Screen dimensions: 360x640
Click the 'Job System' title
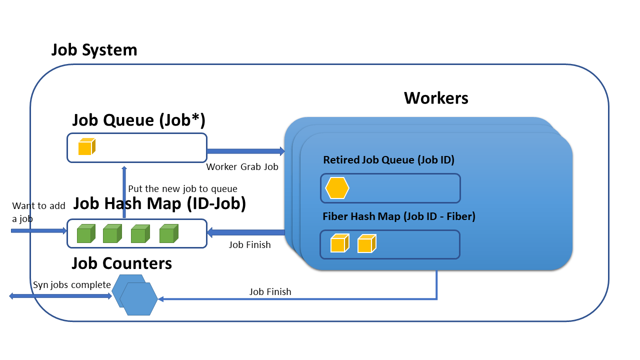[94, 50]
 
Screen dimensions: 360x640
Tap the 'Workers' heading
[436, 98]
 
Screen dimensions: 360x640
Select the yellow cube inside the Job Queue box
[86, 147]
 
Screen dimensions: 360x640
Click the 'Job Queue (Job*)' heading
[139, 120]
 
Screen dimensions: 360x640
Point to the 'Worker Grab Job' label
[242, 167]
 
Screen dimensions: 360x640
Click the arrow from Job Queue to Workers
[245, 151]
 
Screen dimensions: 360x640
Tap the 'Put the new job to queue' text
[182, 189]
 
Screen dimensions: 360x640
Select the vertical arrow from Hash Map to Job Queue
[124, 192]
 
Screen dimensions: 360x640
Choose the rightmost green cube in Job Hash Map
[168, 234]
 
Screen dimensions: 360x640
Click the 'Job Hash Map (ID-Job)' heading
[159, 204]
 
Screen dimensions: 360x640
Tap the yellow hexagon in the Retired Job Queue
[337, 188]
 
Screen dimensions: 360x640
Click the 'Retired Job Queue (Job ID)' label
[388, 160]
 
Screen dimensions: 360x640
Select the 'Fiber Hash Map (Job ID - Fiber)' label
[398, 216]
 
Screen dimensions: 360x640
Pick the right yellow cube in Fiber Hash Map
[366, 244]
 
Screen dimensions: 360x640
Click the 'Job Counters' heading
[121, 263]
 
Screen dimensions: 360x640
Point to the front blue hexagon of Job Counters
[138, 299]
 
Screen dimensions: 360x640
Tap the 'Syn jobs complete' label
[71, 285]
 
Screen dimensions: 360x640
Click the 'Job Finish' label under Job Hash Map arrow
[249, 244]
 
